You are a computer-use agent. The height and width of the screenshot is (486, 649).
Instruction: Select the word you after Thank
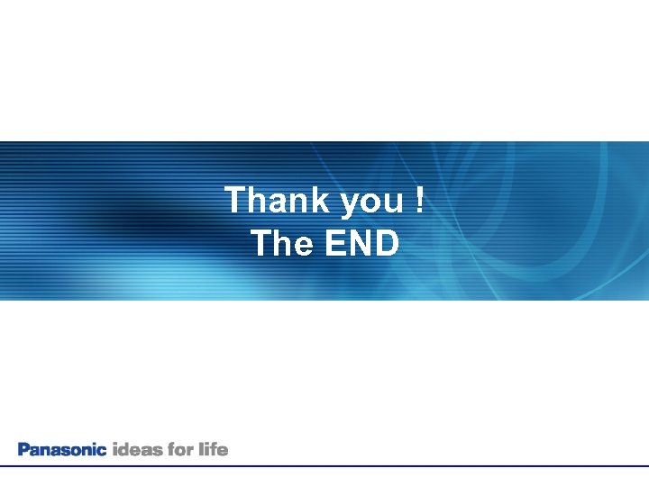(x=372, y=202)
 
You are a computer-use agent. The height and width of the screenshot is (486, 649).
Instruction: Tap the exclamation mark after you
(x=419, y=200)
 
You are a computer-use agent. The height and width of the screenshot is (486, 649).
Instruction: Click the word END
(x=361, y=243)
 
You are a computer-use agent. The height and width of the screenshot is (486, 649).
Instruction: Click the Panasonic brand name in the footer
(x=62, y=449)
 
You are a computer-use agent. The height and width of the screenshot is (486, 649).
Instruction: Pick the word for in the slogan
(x=181, y=448)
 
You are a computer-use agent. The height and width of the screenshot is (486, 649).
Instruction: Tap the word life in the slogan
(x=214, y=448)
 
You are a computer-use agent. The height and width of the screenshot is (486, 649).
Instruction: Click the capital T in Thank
(x=235, y=200)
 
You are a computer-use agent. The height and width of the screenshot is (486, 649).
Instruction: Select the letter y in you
(x=351, y=203)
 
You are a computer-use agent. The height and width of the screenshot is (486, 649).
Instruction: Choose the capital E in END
(x=333, y=243)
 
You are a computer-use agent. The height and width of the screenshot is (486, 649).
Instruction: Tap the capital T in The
(x=261, y=243)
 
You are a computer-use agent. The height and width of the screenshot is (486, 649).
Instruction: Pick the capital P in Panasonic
(x=23, y=449)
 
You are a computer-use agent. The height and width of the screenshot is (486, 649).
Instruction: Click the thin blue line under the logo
(x=324, y=465)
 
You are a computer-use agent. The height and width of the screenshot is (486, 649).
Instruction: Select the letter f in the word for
(x=171, y=448)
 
